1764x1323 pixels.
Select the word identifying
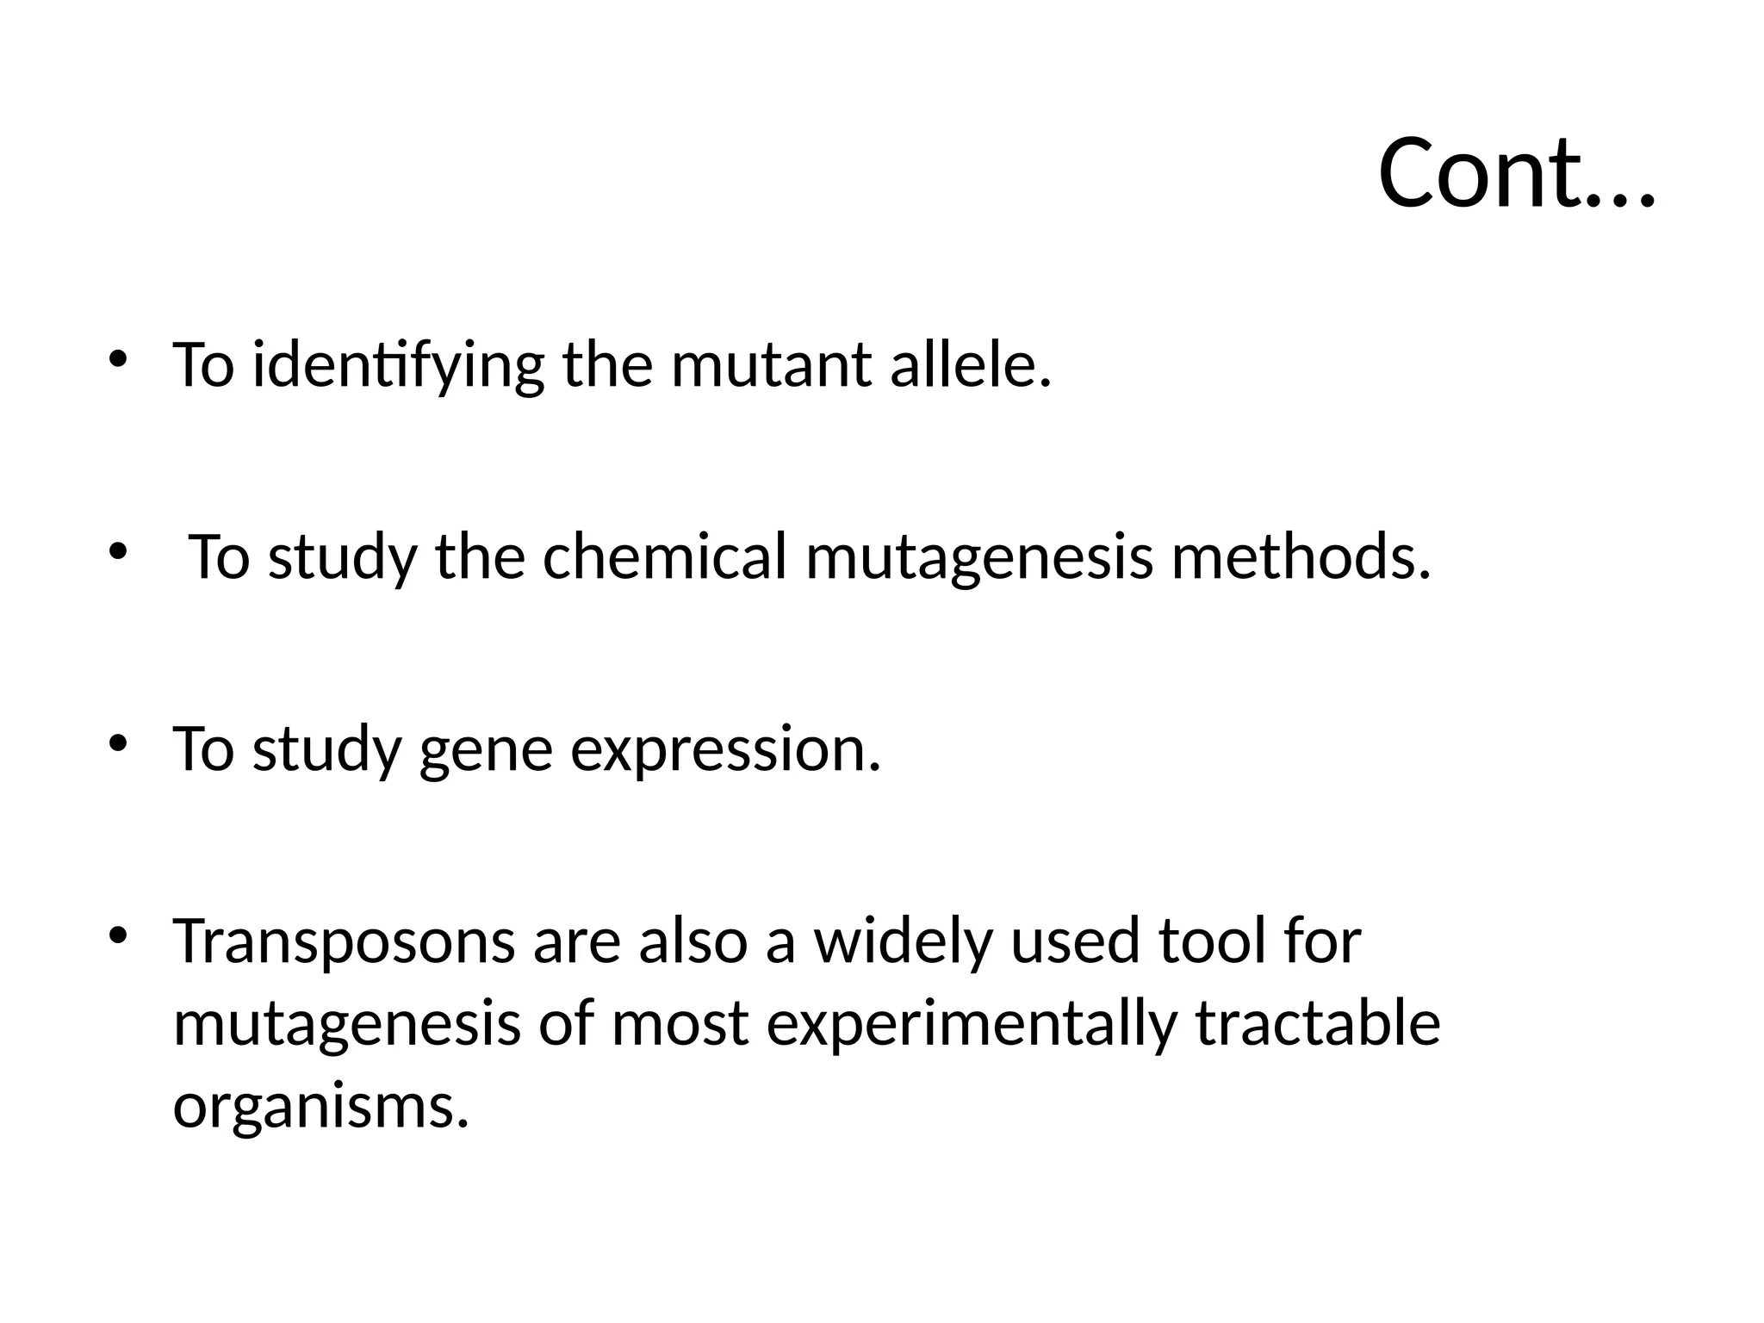pyautogui.click(x=398, y=365)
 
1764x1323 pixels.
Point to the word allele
pyautogui.click(x=970, y=365)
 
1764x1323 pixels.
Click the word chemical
pyautogui.click(x=664, y=556)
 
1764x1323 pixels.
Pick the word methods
pyautogui.click(x=1301, y=556)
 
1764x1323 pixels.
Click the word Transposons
pyautogui.click(x=345, y=941)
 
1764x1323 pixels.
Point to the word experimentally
pyautogui.click(x=971, y=1025)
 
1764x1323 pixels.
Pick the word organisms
pyautogui.click(x=320, y=1108)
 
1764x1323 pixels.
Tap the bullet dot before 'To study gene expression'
pyautogui.click(x=119, y=742)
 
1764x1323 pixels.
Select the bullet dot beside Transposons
pyautogui.click(x=119, y=935)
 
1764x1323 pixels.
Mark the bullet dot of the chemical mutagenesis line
pyautogui.click(x=119, y=550)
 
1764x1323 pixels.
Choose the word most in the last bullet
pyautogui.click(x=680, y=1025)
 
